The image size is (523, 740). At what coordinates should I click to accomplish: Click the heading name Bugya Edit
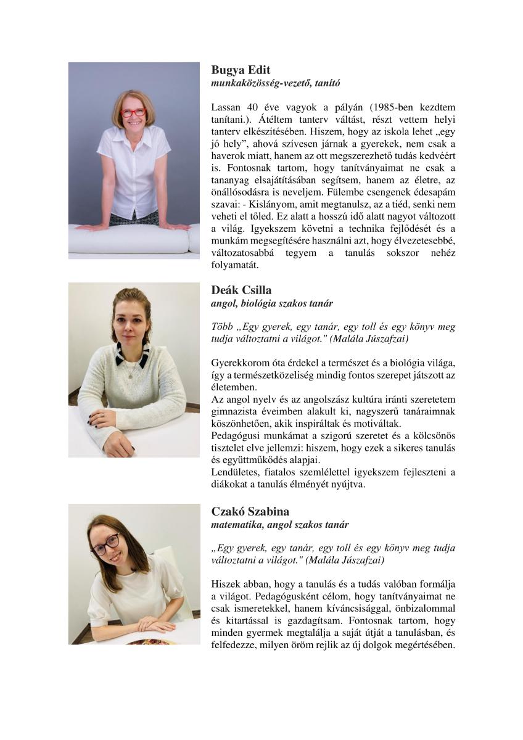click(x=241, y=70)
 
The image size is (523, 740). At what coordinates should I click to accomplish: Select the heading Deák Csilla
click(x=241, y=290)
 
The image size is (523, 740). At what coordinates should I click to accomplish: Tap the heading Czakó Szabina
click(x=250, y=512)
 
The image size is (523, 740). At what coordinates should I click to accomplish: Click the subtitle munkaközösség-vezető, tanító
click(x=276, y=82)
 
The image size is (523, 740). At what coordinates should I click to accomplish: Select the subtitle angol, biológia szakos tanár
click(x=272, y=303)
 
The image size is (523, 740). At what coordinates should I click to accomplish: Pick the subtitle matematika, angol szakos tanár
click(x=279, y=525)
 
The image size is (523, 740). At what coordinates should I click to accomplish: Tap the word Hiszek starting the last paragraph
click(x=224, y=583)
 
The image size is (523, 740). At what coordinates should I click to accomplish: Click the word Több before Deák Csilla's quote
click(x=221, y=326)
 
